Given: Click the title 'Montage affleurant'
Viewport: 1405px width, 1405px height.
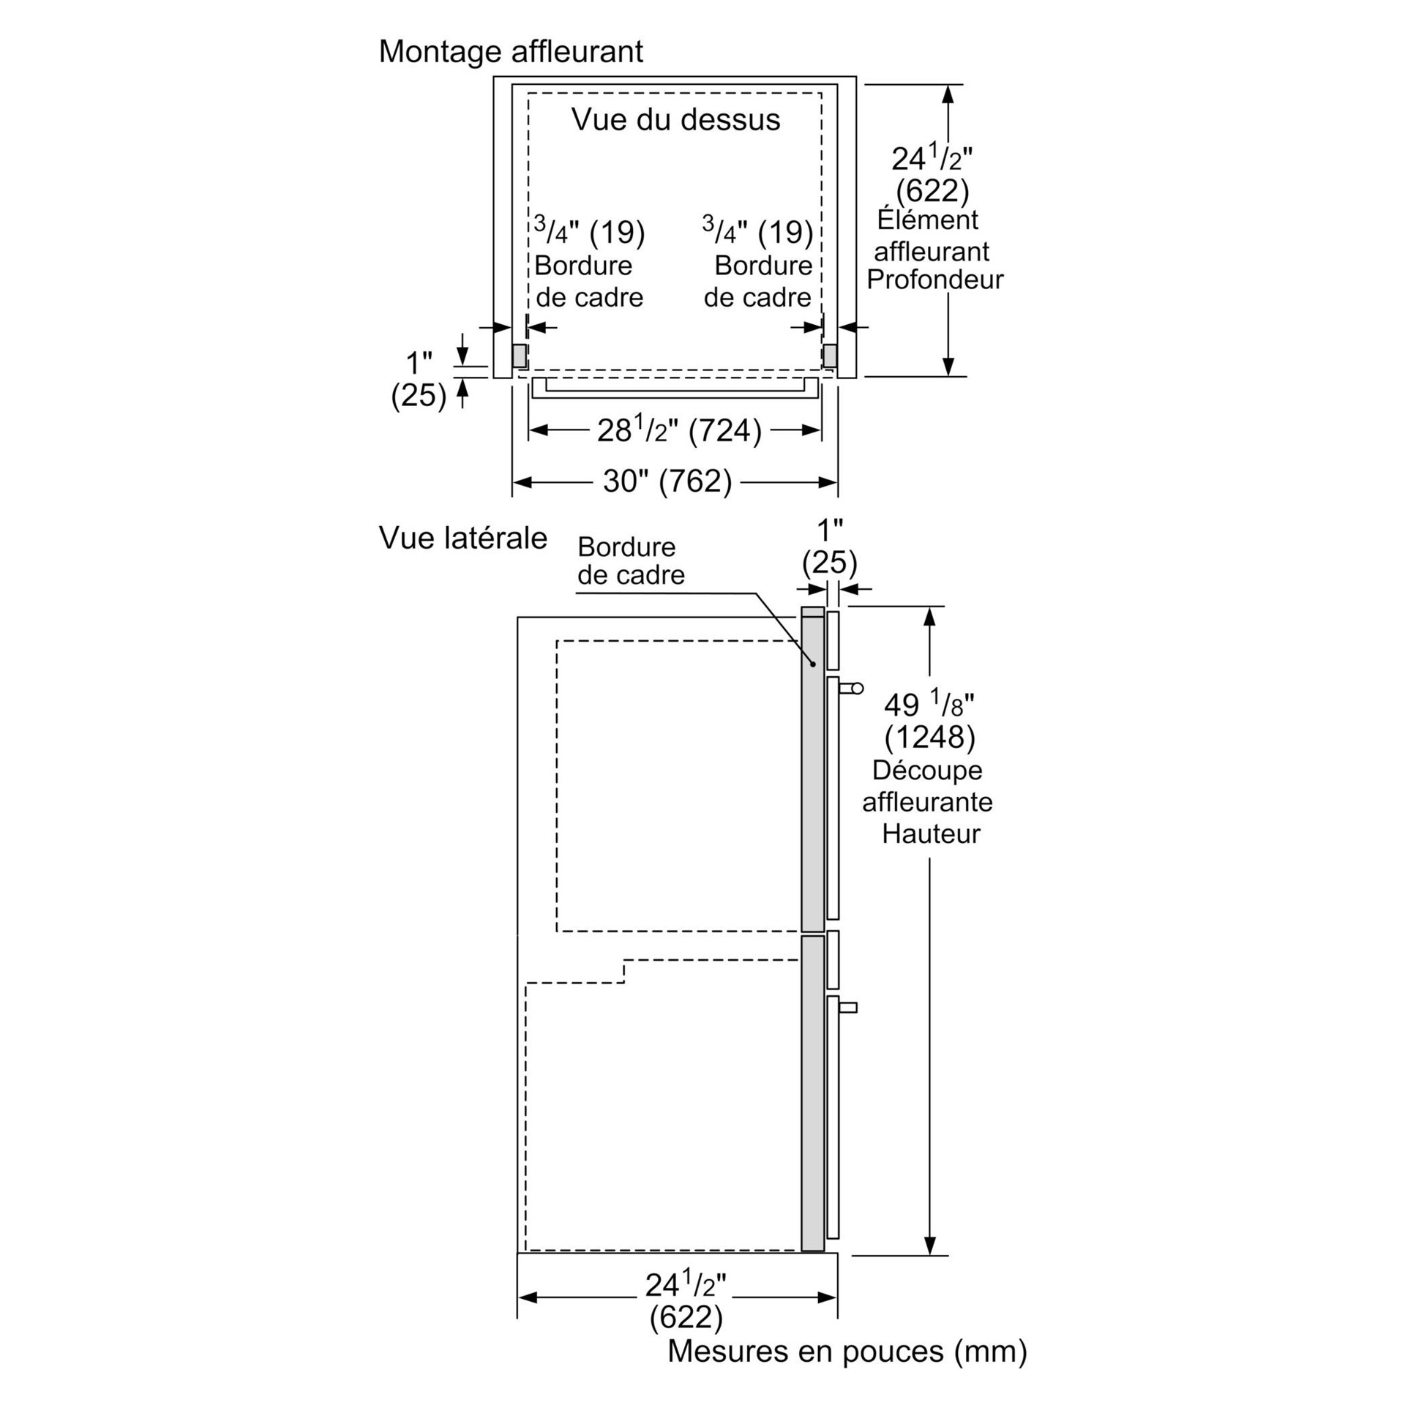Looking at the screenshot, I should [x=511, y=52].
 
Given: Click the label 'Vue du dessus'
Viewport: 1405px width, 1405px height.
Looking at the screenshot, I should [x=675, y=119].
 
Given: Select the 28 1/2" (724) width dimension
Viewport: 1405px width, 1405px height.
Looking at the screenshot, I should [x=678, y=430].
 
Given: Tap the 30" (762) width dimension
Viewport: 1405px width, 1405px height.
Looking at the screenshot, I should [x=667, y=482].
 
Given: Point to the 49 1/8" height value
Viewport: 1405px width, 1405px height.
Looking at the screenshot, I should [x=929, y=705].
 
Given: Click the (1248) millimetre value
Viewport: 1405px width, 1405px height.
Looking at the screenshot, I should [x=929, y=737].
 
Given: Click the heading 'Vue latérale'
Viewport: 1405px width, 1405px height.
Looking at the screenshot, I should [x=462, y=538].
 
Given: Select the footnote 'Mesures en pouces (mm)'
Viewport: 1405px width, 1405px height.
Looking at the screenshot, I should [x=847, y=1351].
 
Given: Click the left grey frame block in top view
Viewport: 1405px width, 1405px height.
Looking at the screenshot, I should [x=519, y=356].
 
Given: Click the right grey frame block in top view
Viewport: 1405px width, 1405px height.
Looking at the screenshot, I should [x=830, y=356].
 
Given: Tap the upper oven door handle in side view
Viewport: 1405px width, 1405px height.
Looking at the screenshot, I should [x=852, y=688].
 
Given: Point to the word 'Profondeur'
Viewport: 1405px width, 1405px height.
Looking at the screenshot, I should [x=934, y=280].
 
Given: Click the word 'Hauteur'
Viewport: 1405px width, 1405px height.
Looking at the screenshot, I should [x=930, y=833].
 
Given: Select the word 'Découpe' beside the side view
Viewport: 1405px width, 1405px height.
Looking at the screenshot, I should [x=926, y=770].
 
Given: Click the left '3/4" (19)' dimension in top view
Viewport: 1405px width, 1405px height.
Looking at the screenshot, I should [x=589, y=232].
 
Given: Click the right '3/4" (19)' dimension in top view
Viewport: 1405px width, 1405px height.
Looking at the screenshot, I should [x=757, y=232].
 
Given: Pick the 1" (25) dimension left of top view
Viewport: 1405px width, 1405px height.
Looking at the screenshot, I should [x=419, y=379].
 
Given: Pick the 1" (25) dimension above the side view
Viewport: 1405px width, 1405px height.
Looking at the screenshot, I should [x=829, y=546].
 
